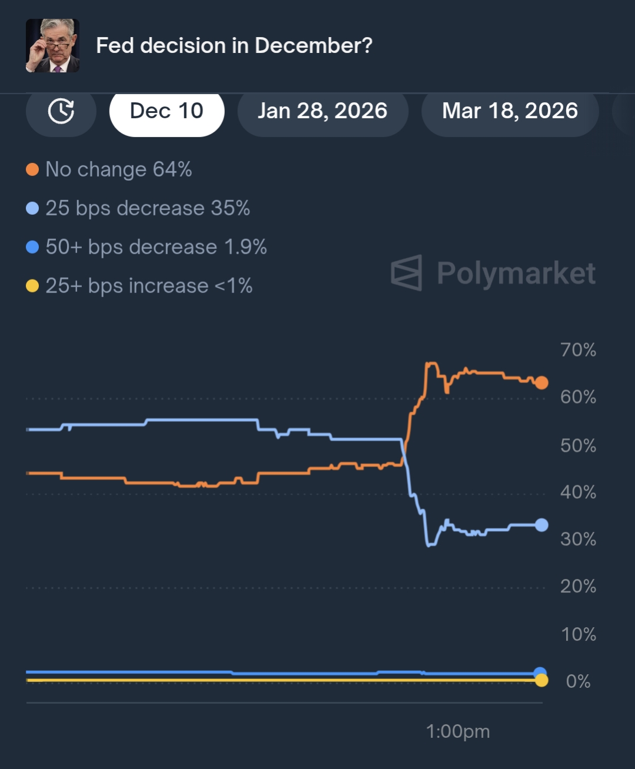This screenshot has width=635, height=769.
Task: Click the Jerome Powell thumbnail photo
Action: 52,45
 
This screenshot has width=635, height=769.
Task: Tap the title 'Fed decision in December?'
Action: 234,45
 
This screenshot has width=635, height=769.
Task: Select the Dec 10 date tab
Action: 167,111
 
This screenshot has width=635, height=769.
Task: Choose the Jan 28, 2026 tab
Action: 323,111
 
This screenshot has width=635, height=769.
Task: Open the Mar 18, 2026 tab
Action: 510,111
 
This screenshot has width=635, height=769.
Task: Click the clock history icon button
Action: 61,111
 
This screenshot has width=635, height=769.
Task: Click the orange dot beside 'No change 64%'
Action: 32,170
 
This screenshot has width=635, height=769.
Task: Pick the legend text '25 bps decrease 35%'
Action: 148,208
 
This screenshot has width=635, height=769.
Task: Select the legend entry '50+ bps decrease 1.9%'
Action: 156,247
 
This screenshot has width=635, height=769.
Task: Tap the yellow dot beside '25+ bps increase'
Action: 32,286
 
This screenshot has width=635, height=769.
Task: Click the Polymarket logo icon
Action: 407,273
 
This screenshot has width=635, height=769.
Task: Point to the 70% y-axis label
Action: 578,350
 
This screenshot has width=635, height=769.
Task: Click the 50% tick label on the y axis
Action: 578,445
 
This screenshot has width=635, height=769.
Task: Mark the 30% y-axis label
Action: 578,539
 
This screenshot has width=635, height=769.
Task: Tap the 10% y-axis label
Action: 578,634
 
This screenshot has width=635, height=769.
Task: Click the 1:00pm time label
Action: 458,731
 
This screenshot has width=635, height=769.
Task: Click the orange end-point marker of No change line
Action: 541,383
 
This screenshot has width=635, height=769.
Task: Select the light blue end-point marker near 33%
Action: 541,525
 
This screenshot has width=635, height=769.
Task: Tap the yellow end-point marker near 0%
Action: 541,681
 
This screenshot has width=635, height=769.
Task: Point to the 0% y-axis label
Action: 578,681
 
